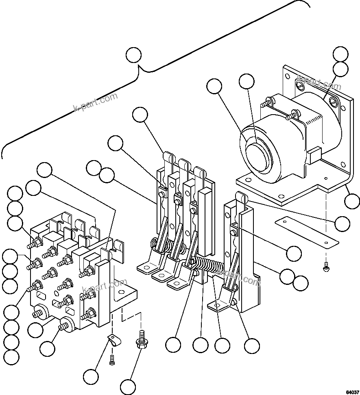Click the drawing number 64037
(352, 392)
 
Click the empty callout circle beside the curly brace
(133, 55)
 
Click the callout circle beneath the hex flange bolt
(128, 385)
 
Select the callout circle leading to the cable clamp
(91, 376)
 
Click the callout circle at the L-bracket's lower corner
(352, 201)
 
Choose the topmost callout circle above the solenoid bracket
(340, 54)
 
